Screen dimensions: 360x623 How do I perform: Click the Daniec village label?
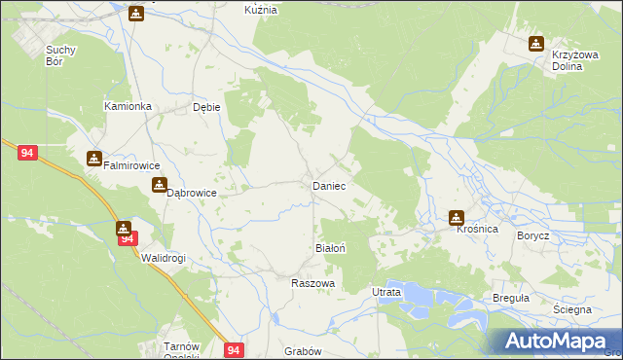[328, 185]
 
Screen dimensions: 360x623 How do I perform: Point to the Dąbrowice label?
[191, 194]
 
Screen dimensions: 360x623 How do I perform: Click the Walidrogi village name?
[163, 258]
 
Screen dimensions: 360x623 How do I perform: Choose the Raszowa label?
[313, 283]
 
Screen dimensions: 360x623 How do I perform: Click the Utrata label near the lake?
[386, 292]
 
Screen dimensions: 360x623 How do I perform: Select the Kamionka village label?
[126, 105]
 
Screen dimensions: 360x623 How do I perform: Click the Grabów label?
[302, 351]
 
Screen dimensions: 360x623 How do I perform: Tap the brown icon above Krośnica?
[456, 217]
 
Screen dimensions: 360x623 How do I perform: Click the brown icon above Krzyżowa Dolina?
[536, 43]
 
